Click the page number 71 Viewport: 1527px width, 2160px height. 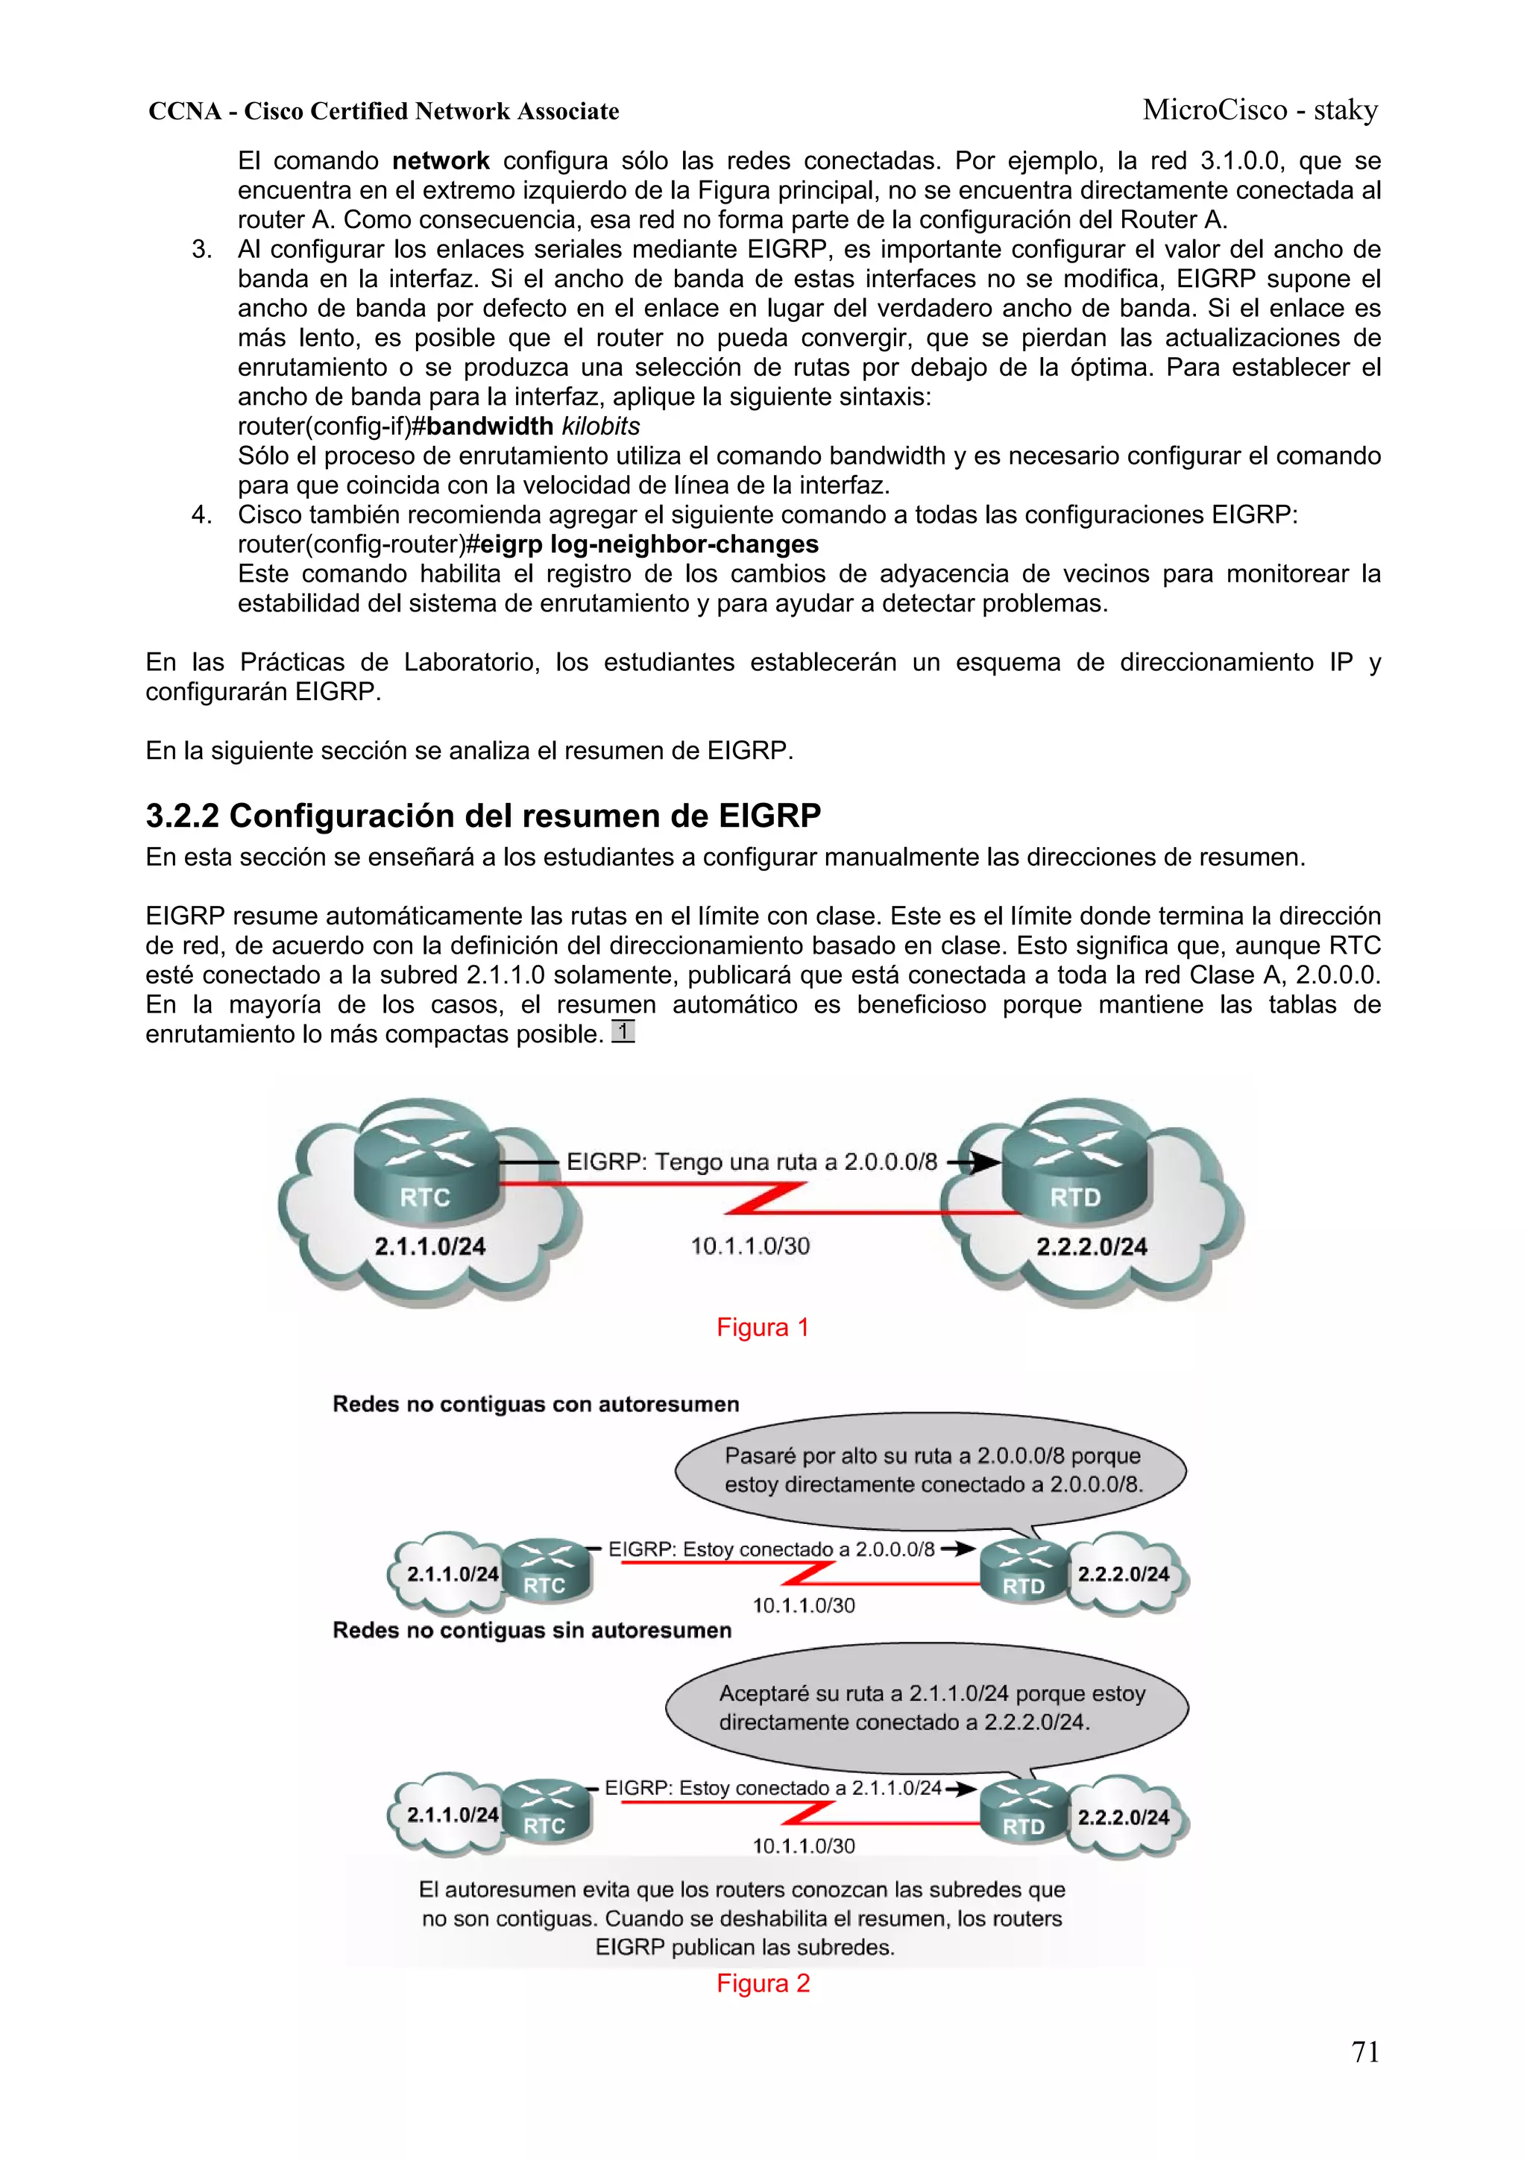click(1364, 2052)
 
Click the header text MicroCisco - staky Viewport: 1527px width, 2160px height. click(1260, 110)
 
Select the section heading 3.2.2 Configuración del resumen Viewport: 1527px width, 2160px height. click(482, 816)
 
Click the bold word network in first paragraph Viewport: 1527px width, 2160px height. click(441, 161)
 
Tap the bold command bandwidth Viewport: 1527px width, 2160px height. click(489, 426)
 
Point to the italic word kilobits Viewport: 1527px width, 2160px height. click(600, 426)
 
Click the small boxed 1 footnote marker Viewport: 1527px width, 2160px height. click(623, 1032)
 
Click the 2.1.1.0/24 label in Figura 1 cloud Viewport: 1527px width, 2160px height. click(430, 1247)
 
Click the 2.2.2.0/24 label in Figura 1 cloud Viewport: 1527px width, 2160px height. click(1092, 1247)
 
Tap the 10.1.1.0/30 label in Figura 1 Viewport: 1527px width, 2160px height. click(750, 1247)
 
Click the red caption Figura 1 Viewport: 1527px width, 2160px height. click(762, 1327)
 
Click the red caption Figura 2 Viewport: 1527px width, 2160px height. click(762, 1983)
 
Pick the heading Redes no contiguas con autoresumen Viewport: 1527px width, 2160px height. click(535, 1405)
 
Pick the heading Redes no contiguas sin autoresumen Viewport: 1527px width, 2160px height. click(532, 1631)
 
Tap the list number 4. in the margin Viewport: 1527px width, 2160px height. click(201, 514)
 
